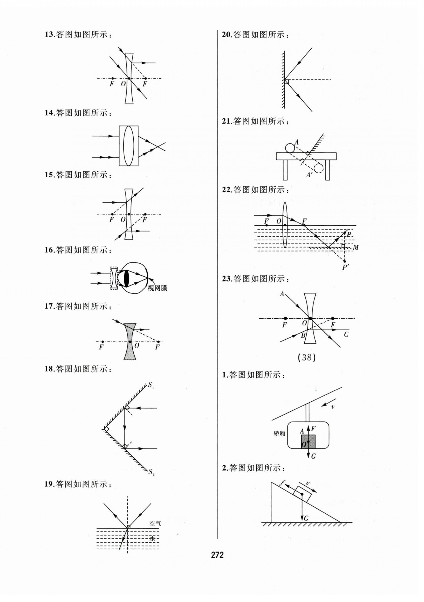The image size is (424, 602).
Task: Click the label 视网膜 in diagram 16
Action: pyautogui.click(x=157, y=288)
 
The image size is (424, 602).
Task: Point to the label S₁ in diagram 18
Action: pyautogui.click(x=151, y=385)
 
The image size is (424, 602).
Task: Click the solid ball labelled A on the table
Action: pyautogui.click(x=290, y=148)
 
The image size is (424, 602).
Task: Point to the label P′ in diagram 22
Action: pyautogui.click(x=345, y=267)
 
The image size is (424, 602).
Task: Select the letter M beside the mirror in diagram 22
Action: pyautogui.click(x=355, y=247)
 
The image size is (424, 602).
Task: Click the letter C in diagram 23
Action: pyautogui.click(x=346, y=335)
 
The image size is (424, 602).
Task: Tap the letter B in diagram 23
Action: pyautogui.click(x=303, y=335)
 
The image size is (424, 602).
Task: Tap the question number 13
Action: pyautogui.click(x=49, y=34)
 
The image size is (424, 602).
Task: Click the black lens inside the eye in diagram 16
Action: pyautogui.click(x=127, y=278)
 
